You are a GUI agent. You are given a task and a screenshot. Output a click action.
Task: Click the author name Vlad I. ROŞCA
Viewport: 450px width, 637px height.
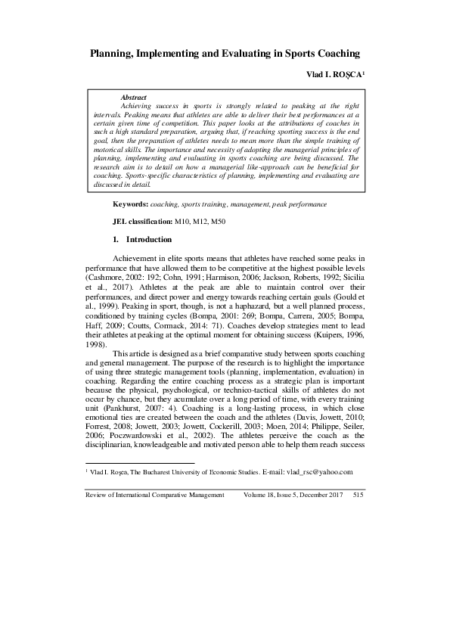click(335, 76)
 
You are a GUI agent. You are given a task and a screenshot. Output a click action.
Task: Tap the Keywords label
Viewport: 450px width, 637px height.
click(130, 204)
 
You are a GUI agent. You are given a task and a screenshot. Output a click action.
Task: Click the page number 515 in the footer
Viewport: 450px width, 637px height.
click(358, 493)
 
